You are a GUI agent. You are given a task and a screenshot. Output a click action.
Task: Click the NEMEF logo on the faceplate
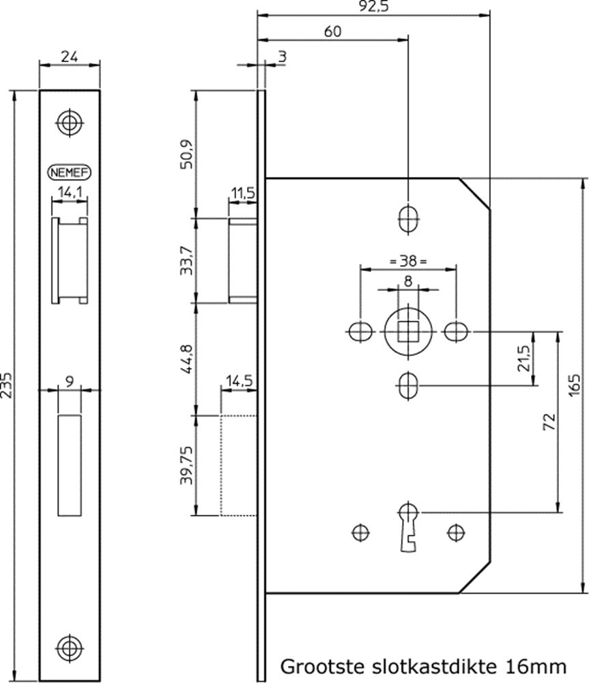tap(70, 172)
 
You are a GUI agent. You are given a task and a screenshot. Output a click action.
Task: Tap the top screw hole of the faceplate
tap(70, 123)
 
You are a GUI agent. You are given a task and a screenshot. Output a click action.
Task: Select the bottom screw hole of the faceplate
tap(70, 645)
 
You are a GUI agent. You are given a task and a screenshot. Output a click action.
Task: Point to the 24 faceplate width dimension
tap(70, 57)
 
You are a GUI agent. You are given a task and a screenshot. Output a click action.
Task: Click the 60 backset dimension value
tap(333, 31)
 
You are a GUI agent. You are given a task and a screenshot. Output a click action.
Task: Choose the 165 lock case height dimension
tap(575, 387)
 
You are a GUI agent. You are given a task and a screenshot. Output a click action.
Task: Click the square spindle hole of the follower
tap(407, 333)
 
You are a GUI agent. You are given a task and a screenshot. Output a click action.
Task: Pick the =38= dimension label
tap(407, 260)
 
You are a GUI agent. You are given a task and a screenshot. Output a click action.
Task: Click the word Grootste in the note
tap(319, 665)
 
